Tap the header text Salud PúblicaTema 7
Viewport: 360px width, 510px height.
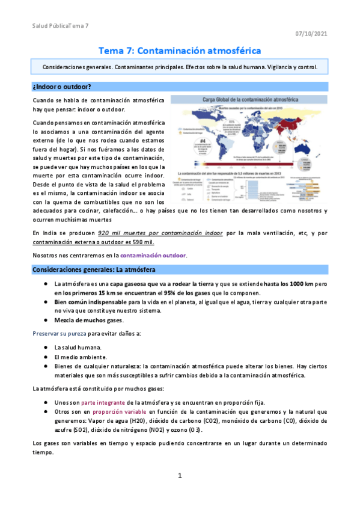[x=60, y=26]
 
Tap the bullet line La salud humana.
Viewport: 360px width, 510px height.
[x=78, y=347]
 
